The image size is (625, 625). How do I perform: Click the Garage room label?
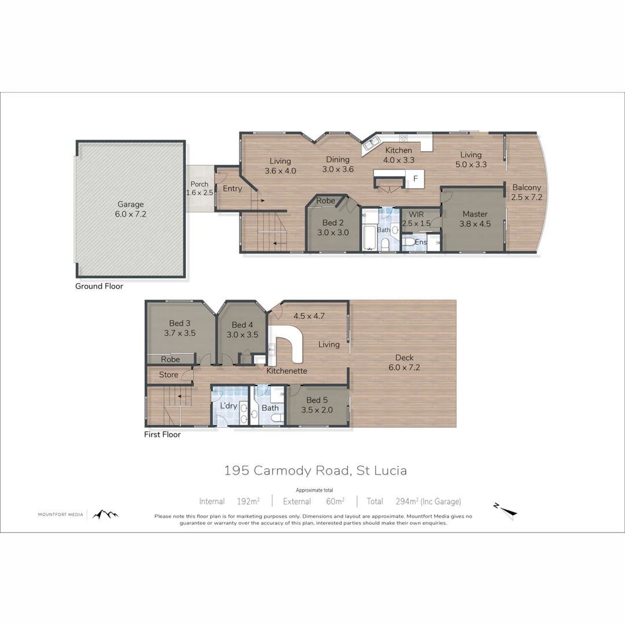click(131, 204)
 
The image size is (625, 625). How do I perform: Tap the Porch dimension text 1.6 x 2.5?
click(200, 193)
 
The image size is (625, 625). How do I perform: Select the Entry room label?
click(233, 189)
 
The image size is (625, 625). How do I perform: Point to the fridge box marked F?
click(415, 178)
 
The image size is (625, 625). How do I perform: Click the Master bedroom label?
click(475, 214)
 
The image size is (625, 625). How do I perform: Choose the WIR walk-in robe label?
click(413, 214)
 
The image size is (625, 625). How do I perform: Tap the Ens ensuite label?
click(421, 242)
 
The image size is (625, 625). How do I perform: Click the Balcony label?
click(526, 187)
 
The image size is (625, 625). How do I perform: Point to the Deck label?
click(404, 358)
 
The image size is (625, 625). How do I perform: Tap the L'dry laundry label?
click(229, 406)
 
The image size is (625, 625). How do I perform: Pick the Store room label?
click(168, 375)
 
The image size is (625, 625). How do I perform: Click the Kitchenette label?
click(286, 371)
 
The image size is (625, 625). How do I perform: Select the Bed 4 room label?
click(242, 325)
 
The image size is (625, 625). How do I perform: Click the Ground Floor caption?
click(99, 286)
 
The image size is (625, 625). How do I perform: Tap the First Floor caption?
click(162, 435)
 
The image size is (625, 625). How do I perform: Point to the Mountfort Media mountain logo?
click(105, 514)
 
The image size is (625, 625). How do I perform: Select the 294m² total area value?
click(409, 502)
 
